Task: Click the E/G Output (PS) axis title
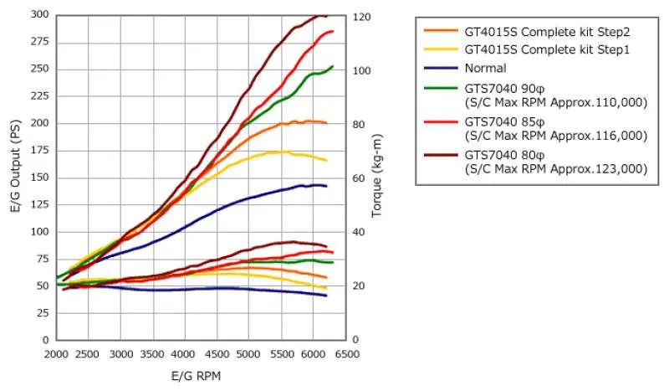coord(16,177)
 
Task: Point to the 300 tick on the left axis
coord(39,15)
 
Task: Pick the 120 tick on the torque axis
coord(362,17)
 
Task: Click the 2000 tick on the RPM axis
coord(56,354)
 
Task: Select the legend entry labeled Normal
coord(486,68)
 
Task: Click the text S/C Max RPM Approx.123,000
coord(556,168)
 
